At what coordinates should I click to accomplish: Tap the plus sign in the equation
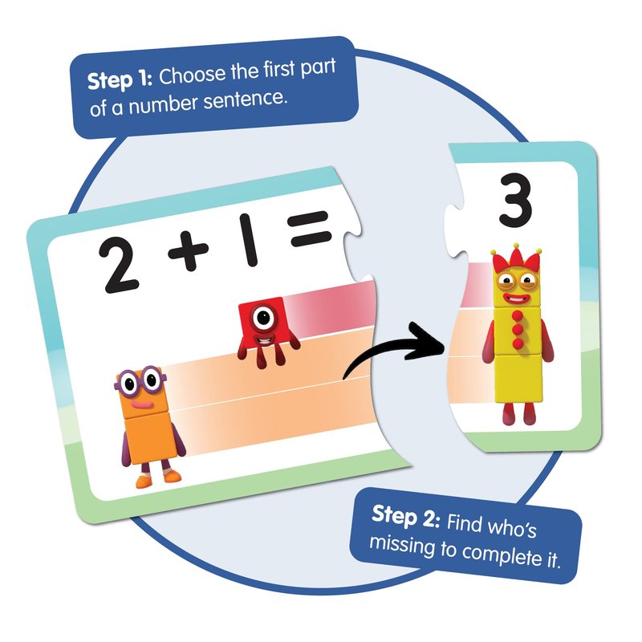click(x=189, y=250)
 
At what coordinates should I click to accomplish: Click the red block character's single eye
click(x=263, y=317)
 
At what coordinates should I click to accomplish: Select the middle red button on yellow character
click(x=518, y=329)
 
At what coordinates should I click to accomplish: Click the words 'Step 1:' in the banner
click(x=120, y=79)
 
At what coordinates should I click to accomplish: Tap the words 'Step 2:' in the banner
click(x=406, y=517)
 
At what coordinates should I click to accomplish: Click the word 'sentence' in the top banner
click(x=243, y=101)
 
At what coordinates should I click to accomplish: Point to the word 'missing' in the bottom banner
click(x=402, y=546)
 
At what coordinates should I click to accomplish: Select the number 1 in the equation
click(x=249, y=240)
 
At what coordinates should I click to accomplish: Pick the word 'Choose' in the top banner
click(x=192, y=75)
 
